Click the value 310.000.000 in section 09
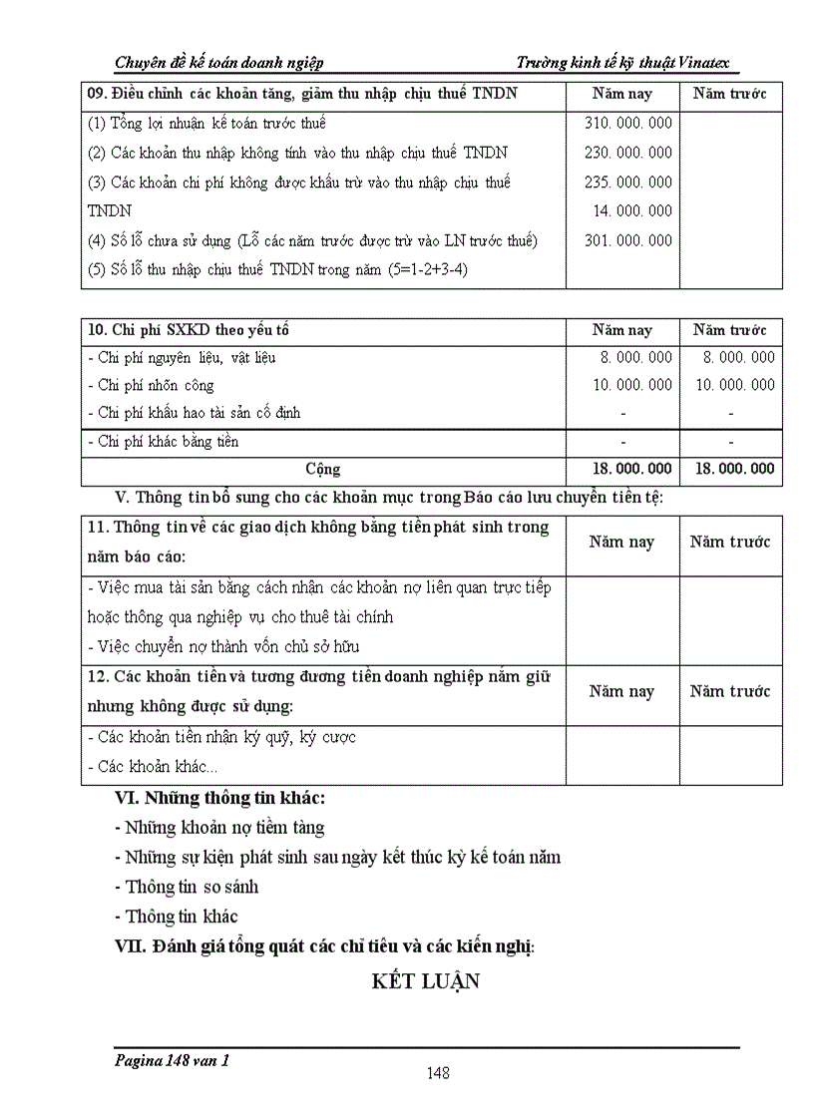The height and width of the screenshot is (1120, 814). (627, 124)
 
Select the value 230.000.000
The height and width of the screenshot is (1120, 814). (627, 153)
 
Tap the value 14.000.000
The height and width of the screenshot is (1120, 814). (632, 210)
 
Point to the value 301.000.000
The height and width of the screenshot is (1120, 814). (627, 240)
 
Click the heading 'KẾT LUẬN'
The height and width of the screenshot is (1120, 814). (426, 981)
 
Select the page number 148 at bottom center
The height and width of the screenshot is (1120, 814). (437, 1073)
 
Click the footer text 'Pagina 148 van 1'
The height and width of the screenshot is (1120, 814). (172, 1061)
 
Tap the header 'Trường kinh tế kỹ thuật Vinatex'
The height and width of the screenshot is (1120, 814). (628, 63)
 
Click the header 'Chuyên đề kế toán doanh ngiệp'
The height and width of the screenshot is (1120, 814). (219, 63)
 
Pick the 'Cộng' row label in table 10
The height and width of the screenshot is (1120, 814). (323, 469)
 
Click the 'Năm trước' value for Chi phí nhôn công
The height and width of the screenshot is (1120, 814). (734, 385)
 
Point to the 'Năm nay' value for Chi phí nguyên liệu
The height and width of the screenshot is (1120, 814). (632, 357)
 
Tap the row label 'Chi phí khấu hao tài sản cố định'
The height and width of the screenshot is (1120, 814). (194, 412)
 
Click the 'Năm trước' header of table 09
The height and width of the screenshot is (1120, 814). (730, 94)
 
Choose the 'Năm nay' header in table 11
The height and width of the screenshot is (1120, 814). (621, 543)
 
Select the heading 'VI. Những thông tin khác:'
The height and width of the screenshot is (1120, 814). (220, 798)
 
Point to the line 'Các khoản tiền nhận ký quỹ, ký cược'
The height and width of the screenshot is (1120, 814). (221, 737)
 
